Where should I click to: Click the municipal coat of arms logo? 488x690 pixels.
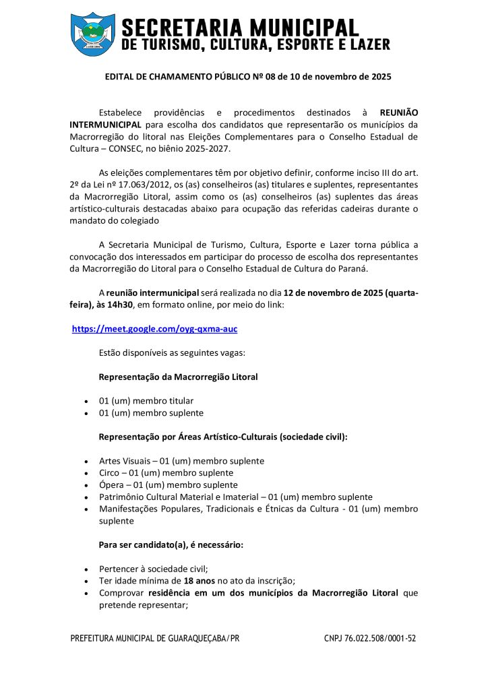(93, 34)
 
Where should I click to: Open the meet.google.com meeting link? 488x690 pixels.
(154, 329)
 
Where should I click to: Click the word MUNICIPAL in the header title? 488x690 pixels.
(305, 28)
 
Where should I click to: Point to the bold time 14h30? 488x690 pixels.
(118, 305)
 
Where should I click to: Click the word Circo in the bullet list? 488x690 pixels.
(110, 473)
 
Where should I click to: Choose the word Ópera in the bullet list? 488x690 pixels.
(112, 485)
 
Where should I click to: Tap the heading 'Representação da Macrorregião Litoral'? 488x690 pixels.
(178, 377)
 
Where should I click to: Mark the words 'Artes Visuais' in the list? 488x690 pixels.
(123, 461)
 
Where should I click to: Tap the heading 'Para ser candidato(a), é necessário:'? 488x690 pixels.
(171, 544)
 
